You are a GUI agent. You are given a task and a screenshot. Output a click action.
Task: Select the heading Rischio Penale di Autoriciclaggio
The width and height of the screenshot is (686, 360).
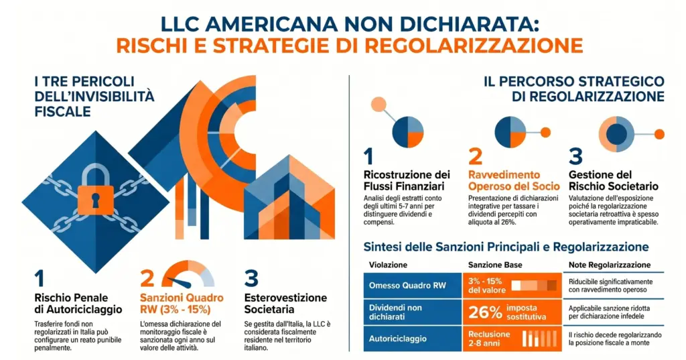(78, 304)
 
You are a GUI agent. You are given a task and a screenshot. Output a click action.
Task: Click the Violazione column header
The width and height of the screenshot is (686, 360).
(388, 264)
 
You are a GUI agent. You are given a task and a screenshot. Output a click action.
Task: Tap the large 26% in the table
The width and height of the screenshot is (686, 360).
(485, 312)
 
